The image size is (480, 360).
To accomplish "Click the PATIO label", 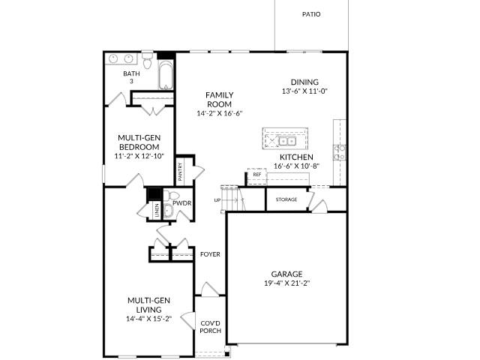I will pyautogui.click(x=311, y=14).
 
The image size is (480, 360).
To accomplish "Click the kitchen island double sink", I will pyautogui.click(x=286, y=140).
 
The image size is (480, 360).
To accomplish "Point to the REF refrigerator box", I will pyautogui.click(x=256, y=175).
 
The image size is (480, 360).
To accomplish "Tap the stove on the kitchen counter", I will pyautogui.click(x=340, y=152).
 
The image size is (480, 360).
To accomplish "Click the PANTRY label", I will pyautogui.click(x=181, y=172).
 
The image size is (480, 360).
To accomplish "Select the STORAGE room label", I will pyautogui.click(x=286, y=199).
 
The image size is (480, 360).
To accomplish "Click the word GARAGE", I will pyautogui.click(x=286, y=274).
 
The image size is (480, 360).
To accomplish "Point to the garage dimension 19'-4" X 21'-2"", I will pyautogui.click(x=286, y=283).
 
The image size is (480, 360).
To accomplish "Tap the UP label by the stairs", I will pyautogui.click(x=217, y=200).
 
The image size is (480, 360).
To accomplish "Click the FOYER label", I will pyautogui.click(x=210, y=254).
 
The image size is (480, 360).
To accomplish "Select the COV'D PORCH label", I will pyautogui.click(x=209, y=328).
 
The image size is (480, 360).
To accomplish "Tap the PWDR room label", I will pyautogui.click(x=181, y=202).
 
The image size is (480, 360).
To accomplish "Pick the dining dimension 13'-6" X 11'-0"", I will pyautogui.click(x=305, y=91).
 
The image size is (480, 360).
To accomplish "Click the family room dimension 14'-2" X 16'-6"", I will pyautogui.click(x=220, y=113).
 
